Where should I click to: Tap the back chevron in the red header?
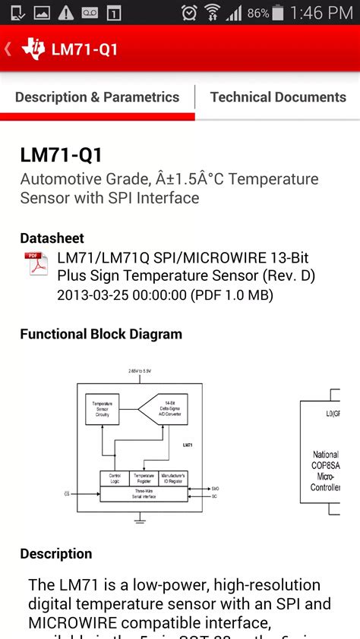click(8, 49)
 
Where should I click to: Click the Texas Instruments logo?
click(33, 49)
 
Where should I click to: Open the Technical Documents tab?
click(278, 97)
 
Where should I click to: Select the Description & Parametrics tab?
click(97, 97)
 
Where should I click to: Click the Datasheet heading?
click(52, 238)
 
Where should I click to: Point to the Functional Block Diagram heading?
click(101, 334)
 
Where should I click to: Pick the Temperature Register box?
click(144, 478)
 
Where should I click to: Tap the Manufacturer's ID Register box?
click(173, 478)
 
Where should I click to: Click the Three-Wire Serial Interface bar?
click(144, 493)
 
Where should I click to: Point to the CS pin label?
click(67, 494)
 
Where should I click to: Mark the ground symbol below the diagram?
click(140, 519)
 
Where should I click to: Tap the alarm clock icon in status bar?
click(189, 13)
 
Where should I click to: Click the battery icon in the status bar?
click(278, 13)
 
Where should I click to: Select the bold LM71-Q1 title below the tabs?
click(61, 156)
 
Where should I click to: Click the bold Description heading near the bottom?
click(56, 554)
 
